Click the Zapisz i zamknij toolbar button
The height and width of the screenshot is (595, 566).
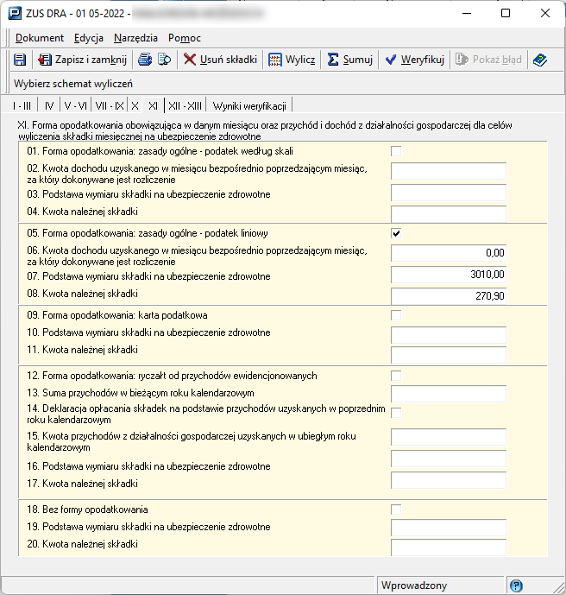tap(82, 60)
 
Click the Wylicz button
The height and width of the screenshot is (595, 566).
tap(292, 60)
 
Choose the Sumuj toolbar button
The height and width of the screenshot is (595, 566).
tap(350, 60)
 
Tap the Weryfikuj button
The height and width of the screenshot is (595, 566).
tap(414, 60)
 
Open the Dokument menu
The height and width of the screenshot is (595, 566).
tap(40, 38)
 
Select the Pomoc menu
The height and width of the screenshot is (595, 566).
tap(185, 38)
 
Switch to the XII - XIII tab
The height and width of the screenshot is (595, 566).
tap(186, 105)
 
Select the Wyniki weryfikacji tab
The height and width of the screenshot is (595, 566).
tap(249, 105)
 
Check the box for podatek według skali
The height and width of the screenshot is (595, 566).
tap(396, 152)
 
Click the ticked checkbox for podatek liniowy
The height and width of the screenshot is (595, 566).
tap(396, 233)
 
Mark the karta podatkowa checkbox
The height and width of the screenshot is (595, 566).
tap(396, 315)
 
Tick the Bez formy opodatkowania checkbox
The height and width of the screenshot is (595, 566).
tap(396, 510)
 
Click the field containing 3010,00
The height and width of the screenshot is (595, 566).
tap(448, 275)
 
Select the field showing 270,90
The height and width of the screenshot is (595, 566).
tap(448, 296)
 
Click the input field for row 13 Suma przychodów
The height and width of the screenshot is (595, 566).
tap(448, 394)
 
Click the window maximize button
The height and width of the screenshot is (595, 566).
tap(506, 13)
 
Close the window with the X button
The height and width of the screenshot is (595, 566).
tap(545, 13)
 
